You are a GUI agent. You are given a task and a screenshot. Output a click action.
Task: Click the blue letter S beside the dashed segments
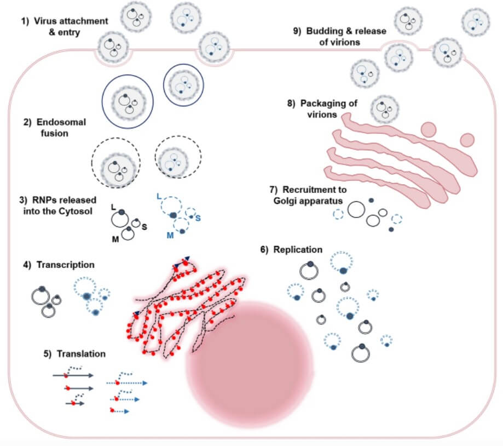[198, 218]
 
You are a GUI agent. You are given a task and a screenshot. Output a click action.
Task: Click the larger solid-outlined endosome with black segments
[125, 101]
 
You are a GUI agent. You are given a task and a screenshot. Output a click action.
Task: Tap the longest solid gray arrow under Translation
[74, 376]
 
